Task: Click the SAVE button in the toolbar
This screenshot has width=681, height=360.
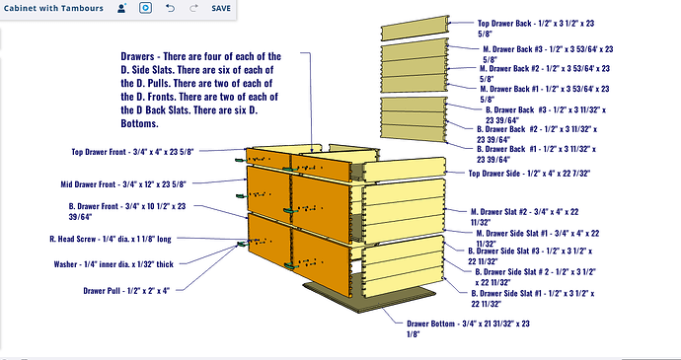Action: pyautogui.click(x=221, y=8)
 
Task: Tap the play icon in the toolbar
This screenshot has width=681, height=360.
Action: pyautogui.click(x=145, y=8)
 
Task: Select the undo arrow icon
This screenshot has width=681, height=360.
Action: pyautogui.click(x=170, y=8)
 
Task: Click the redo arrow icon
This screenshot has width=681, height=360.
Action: pyautogui.click(x=193, y=8)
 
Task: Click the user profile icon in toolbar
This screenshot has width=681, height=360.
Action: pyautogui.click(x=121, y=8)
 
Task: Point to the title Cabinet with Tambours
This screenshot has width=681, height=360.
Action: pyautogui.click(x=53, y=8)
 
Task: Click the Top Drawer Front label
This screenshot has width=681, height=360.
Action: pyautogui.click(x=132, y=152)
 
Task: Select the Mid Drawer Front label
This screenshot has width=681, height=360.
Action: pyautogui.click(x=123, y=184)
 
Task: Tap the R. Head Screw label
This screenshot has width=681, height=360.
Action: pyautogui.click(x=111, y=239)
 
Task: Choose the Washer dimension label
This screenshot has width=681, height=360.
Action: pyautogui.click(x=113, y=264)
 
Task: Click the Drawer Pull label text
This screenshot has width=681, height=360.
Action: pyautogui.click(x=126, y=291)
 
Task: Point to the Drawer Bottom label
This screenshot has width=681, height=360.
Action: pyautogui.click(x=468, y=328)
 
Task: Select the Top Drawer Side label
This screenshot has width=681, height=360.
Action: pyautogui.click(x=529, y=174)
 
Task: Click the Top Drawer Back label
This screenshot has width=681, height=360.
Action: pyautogui.click(x=536, y=29)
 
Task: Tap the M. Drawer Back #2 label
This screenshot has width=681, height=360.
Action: pyautogui.click(x=545, y=73)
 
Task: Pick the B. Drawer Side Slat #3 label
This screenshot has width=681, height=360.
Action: pyautogui.click(x=530, y=255)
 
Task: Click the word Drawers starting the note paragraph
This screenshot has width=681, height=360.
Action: pyautogui.click(x=137, y=56)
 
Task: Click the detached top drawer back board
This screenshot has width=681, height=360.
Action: pyautogui.click(x=416, y=29)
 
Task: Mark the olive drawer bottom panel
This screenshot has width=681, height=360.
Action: pyautogui.click(x=369, y=298)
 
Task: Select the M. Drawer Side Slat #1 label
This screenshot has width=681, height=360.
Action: pyautogui.click(x=538, y=239)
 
